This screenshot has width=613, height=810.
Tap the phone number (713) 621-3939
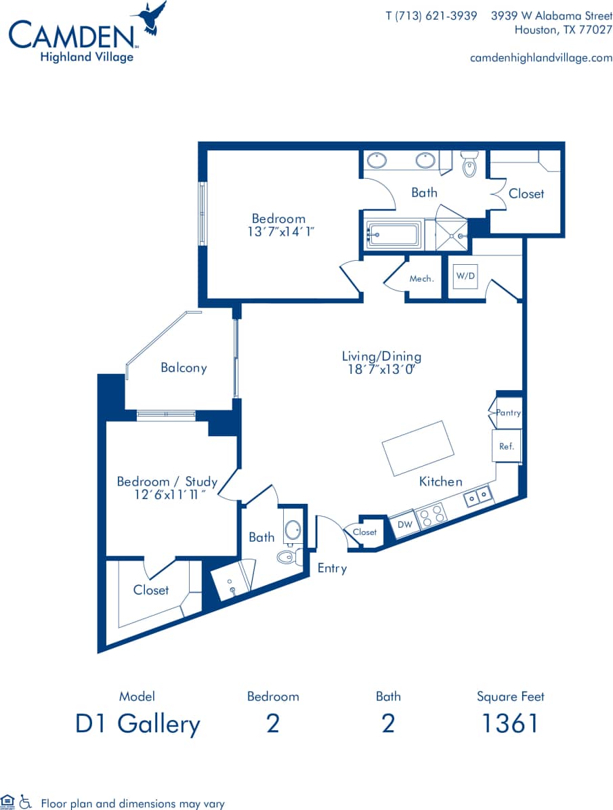[x=431, y=16]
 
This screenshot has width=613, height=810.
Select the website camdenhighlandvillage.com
[x=541, y=58]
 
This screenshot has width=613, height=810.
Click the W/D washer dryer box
[x=465, y=276]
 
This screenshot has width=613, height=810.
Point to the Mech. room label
[x=421, y=278]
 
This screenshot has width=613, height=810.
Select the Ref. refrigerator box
[x=507, y=446]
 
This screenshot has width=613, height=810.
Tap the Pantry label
[x=508, y=412]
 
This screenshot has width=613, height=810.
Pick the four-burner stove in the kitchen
[x=432, y=515]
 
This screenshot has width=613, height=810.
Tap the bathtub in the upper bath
[x=394, y=236]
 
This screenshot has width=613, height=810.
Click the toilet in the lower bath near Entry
[x=287, y=557]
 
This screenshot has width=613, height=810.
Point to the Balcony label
[x=184, y=368]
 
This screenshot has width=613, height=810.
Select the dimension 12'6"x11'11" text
[x=167, y=495]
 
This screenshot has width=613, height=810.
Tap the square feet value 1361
[x=510, y=723]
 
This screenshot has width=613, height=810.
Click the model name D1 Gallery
[x=138, y=724]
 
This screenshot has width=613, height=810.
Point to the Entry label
[x=332, y=568]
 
